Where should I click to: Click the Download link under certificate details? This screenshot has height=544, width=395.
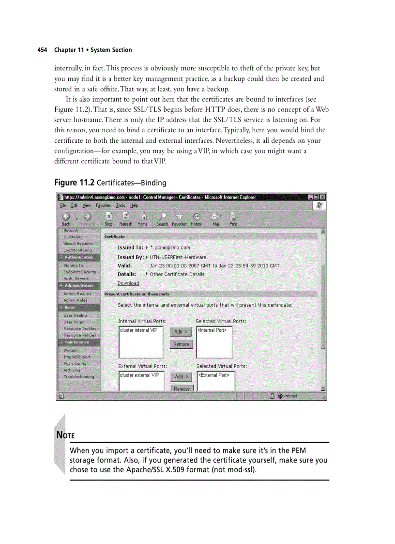coord(128,283)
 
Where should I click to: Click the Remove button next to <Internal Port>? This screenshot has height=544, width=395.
coord(181,344)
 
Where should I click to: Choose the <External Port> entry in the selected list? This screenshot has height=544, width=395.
coord(214,375)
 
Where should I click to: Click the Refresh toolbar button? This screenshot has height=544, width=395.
coord(125,219)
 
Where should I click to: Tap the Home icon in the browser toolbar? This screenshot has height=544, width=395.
coord(142,219)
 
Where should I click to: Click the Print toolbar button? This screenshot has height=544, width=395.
coord(233,219)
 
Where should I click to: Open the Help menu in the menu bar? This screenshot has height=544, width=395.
coord(134,205)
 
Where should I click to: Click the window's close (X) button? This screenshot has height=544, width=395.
coord(322,197)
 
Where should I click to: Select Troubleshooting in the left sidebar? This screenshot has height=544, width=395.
coord(79,376)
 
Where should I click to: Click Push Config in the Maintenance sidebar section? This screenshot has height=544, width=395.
coord(75,363)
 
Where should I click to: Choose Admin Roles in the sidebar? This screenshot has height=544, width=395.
coord(76,300)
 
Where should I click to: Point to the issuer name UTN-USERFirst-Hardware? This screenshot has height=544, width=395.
coord(178,257)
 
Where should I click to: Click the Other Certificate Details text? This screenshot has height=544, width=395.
coord(177,274)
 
